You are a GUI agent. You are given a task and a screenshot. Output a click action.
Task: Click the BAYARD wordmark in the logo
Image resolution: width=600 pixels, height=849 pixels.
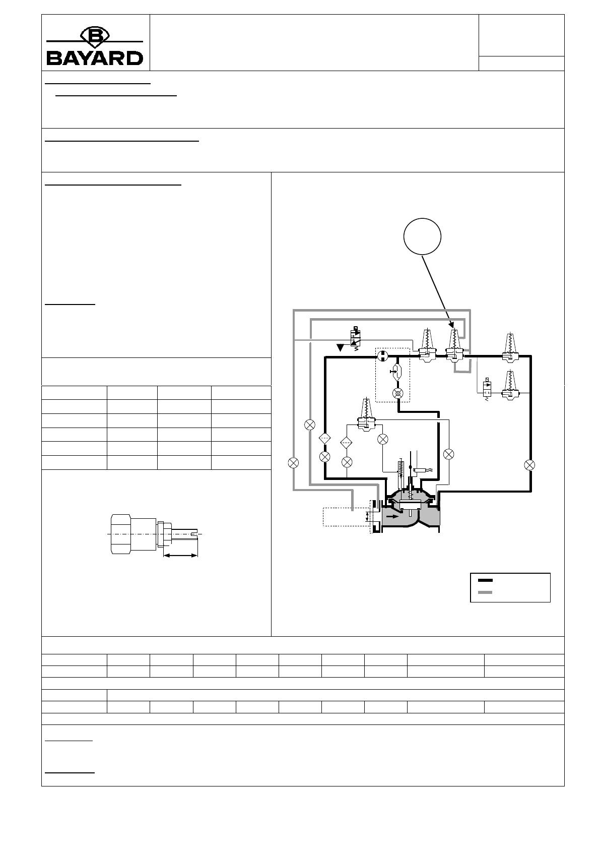click(x=95, y=57)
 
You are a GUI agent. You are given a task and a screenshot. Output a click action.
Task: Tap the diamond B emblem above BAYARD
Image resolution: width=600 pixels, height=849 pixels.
click(x=95, y=36)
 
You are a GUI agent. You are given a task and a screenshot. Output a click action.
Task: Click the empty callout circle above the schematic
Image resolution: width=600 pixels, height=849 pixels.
click(x=422, y=236)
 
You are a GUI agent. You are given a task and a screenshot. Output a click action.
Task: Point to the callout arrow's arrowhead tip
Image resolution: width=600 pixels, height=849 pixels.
click(x=452, y=328)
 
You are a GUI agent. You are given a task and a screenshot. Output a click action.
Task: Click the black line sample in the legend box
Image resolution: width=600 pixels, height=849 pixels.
click(x=485, y=580)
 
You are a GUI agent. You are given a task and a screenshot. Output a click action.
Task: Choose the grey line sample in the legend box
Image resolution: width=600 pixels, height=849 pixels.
click(x=485, y=592)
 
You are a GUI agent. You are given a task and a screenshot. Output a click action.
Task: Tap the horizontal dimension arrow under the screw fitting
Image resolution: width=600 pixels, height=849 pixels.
click(x=180, y=556)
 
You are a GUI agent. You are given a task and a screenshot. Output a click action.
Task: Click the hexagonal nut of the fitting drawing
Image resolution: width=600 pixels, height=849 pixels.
click(x=120, y=534)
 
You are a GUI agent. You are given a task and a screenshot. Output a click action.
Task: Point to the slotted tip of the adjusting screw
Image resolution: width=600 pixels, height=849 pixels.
click(x=195, y=534)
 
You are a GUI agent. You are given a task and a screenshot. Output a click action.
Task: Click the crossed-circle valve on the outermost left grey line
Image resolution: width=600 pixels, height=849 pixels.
click(x=293, y=463)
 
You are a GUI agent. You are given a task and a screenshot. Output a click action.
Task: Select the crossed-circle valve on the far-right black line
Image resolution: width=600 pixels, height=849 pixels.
click(x=529, y=465)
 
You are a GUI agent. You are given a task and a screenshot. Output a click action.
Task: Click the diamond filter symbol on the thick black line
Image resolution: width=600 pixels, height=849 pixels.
click(x=324, y=438)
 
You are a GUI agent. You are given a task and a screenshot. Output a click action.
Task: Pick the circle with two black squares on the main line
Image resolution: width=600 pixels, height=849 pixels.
click(x=382, y=356)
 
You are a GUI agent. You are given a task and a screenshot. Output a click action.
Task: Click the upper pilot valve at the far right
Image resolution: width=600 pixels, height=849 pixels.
click(x=510, y=347)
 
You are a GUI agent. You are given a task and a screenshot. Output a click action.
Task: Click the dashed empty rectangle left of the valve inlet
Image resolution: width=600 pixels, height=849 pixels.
click(x=345, y=516)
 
